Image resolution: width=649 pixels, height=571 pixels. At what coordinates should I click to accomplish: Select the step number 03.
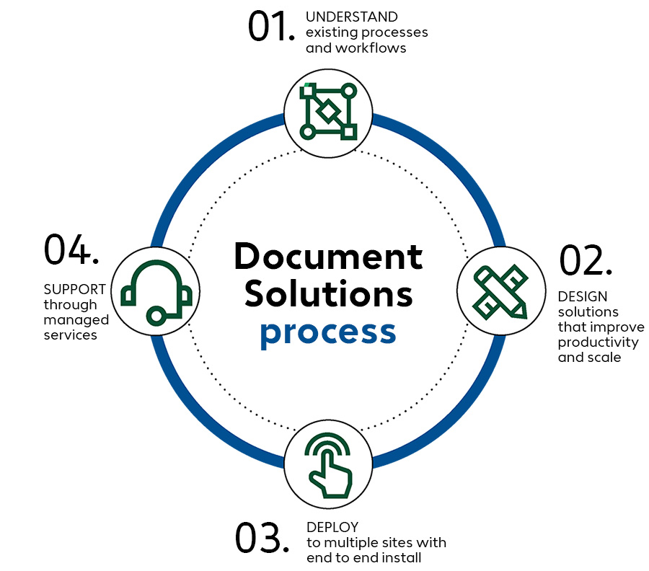pyautogui.click(x=261, y=539)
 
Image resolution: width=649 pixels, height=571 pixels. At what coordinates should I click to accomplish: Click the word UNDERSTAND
pyautogui.click(x=352, y=17)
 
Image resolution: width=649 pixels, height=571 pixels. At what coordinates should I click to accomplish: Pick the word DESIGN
pyautogui.click(x=583, y=296)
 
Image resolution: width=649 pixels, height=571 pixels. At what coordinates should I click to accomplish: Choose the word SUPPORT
pyautogui.click(x=75, y=289)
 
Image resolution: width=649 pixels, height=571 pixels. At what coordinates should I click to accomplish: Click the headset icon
pyautogui.click(x=156, y=291)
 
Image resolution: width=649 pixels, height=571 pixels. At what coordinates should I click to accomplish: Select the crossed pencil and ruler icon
pyautogui.click(x=500, y=291)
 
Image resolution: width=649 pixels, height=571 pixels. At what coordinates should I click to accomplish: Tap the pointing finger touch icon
pyautogui.click(x=328, y=466)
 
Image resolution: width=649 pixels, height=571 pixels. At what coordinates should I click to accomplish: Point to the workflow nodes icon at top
pyautogui.click(x=328, y=112)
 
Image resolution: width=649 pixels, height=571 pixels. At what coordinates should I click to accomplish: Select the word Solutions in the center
pyautogui.click(x=328, y=294)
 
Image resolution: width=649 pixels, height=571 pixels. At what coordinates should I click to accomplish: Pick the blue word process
pyautogui.click(x=328, y=332)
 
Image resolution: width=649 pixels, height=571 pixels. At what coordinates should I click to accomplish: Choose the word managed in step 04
pyautogui.click(x=76, y=319)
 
